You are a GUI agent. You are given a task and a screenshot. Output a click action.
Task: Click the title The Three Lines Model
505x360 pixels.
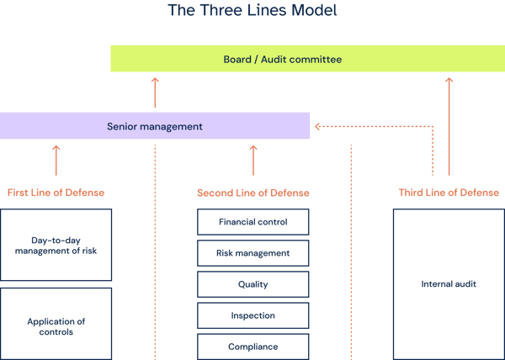pyautogui.click(x=252, y=11)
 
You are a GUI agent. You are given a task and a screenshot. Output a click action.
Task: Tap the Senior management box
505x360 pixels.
pyautogui.click(x=155, y=126)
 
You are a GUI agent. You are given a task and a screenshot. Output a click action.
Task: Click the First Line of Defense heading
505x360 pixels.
pyautogui.click(x=56, y=193)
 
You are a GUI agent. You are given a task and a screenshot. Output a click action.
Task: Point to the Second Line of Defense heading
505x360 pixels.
pyautogui.click(x=252, y=193)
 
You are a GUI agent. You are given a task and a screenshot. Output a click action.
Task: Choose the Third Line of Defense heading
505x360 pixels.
pyautogui.click(x=449, y=193)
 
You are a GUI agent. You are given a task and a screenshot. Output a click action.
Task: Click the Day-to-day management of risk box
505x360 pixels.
pyautogui.click(x=56, y=245)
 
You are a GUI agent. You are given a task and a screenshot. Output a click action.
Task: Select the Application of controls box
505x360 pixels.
pyautogui.click(x=56, y=326)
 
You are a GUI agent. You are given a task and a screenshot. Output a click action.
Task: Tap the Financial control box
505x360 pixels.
pyautogui.click(x=252, y=222)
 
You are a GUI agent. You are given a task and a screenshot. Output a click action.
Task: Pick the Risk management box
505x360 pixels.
pyautogui.click(x=252, y=252)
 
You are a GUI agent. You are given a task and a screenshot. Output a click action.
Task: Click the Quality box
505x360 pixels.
pyautogui.click(x=252, y=284)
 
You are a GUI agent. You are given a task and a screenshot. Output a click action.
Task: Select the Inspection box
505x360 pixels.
pyautogui.click(x=252, y=315)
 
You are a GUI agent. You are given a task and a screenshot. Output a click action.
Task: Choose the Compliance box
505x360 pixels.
pyautogui.click(x=252, y=346)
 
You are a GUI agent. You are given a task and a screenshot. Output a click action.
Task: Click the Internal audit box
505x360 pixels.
pyautogui.click(x=449, y=284)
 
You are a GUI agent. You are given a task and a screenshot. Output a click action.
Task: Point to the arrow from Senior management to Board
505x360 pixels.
pyautogui.click(x=155, y=93)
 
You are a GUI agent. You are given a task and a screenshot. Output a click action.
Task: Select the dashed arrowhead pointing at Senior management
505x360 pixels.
pyautogui.click(x=317, y=127)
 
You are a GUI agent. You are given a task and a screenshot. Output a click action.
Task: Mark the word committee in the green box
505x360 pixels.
pyautogui.click(x=316, y=59)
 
